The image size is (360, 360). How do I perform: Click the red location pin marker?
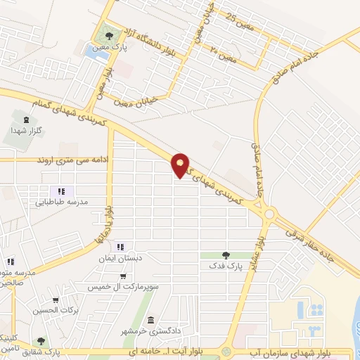tap(181, 165)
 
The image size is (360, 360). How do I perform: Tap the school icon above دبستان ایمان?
tap(120, 247)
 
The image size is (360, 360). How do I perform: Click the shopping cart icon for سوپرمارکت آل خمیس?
tap(124, 276)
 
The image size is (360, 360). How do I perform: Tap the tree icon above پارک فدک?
tap(225, 256)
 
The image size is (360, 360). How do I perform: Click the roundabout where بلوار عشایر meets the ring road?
tap(269, 214)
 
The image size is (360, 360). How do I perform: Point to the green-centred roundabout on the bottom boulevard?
tap(226, 352)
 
